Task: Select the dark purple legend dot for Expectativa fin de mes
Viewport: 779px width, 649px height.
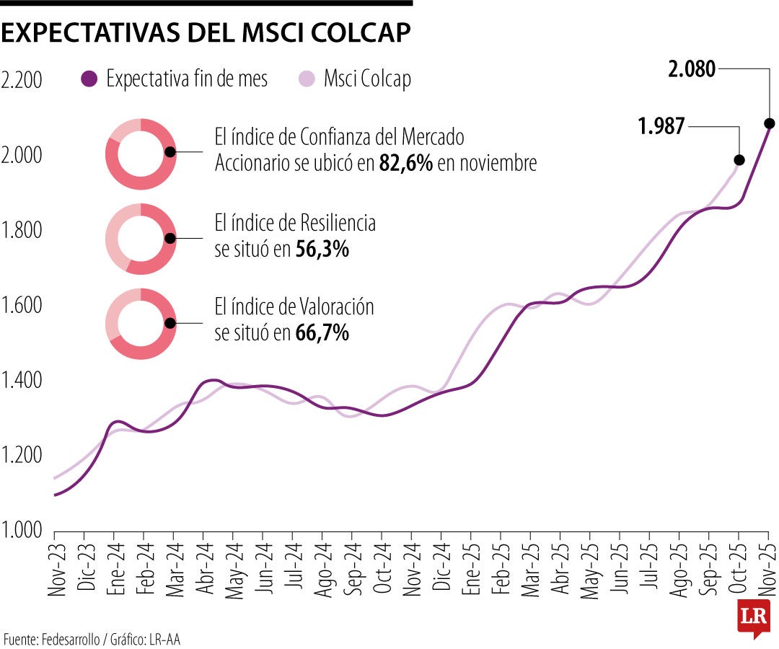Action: (x=89, y=79)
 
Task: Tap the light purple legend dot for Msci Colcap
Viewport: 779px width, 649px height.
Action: (x=307, y=79)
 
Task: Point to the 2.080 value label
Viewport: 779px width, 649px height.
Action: (x=692, y=69)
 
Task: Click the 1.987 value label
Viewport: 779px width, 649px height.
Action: (x=661, y=128)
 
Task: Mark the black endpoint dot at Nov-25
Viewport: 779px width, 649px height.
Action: (x=769, y=123)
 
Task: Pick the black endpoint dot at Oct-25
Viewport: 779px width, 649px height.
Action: (x=739, y=160)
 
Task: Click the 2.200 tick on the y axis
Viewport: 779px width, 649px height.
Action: (x=23, y=80)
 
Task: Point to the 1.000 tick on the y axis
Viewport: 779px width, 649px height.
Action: (x=23, y=530)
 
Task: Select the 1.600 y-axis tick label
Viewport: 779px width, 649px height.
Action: (x=23, y=305)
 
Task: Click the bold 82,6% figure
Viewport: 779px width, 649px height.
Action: (x=405, y=164)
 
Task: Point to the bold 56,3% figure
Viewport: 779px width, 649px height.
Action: (x=322, y=250)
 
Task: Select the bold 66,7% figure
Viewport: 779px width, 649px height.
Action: (x=322, y=333)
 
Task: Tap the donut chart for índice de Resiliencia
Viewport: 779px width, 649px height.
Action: (x=141, y=239)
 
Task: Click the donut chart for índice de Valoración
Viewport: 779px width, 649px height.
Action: (x=141, y=324)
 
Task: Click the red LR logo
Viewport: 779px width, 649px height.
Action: (x=754, y=617)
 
